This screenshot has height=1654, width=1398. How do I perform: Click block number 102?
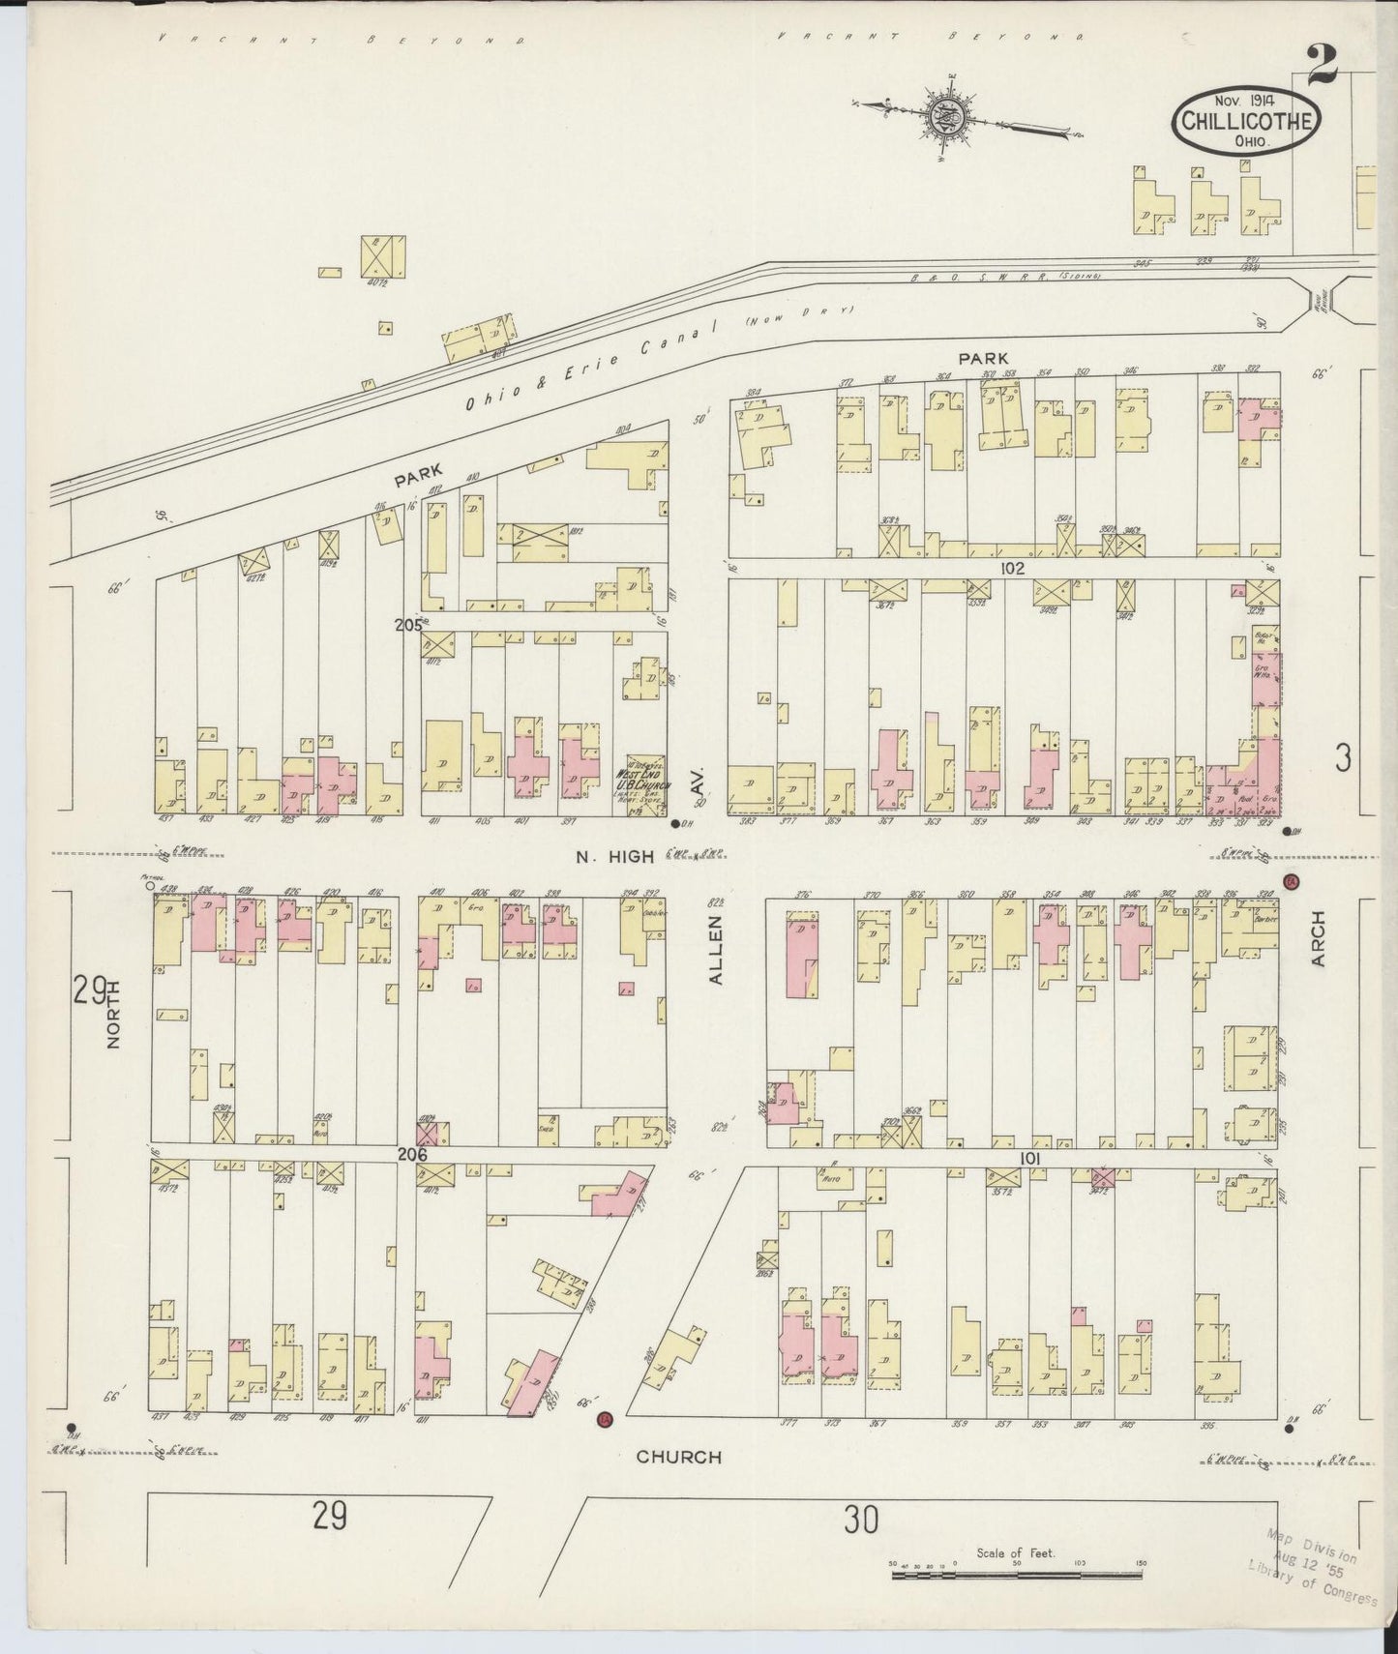click(1012, 569)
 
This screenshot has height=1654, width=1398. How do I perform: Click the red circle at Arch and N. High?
click(1291, 881)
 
